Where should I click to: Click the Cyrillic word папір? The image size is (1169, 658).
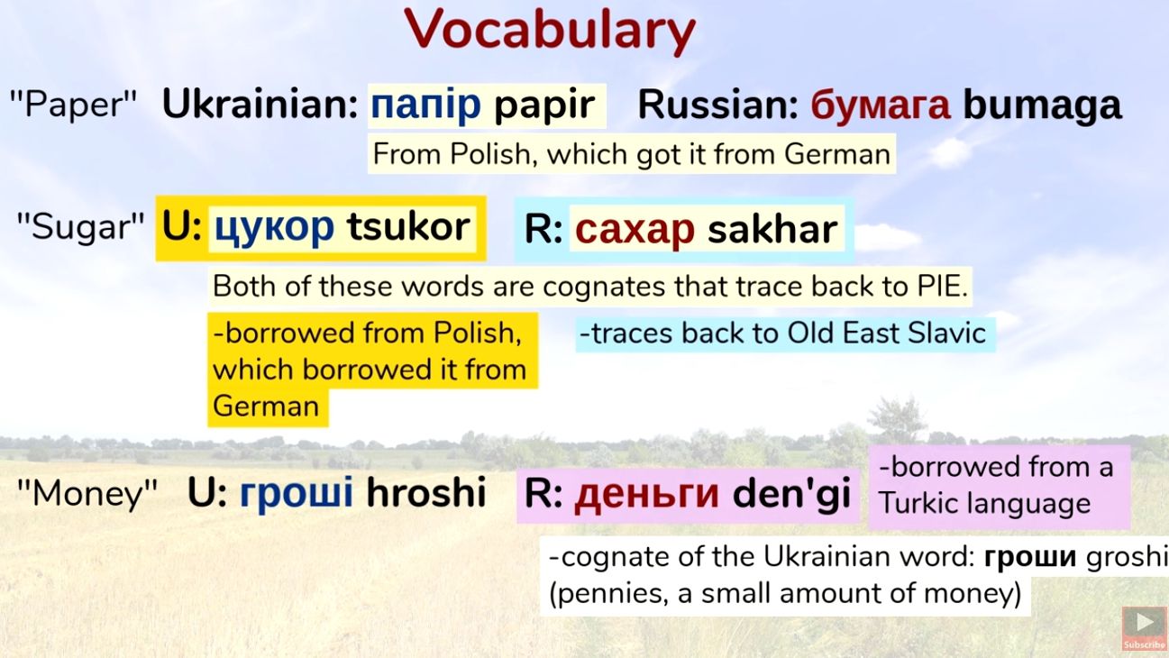click(x=426, y=105)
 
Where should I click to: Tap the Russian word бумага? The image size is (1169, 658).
click(x=880, y=105)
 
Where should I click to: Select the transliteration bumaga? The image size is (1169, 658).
click(x=1042, y=105)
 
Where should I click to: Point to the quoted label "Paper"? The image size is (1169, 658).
click(x=73, y=105)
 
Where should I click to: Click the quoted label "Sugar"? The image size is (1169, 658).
click(x=80, y=226)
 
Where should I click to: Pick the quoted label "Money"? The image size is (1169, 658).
click(x=87, y=493)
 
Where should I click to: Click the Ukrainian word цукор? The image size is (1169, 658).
click(x=273, y=227)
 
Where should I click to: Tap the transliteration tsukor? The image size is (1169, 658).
click(x=408, y=227)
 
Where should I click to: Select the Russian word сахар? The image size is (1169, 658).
click(x=635, y=230)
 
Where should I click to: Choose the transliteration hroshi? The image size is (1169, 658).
click(x=425, y=493)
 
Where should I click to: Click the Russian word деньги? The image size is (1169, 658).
click(x=646, y=495)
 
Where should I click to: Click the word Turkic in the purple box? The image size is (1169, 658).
click(x=922, y=503)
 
